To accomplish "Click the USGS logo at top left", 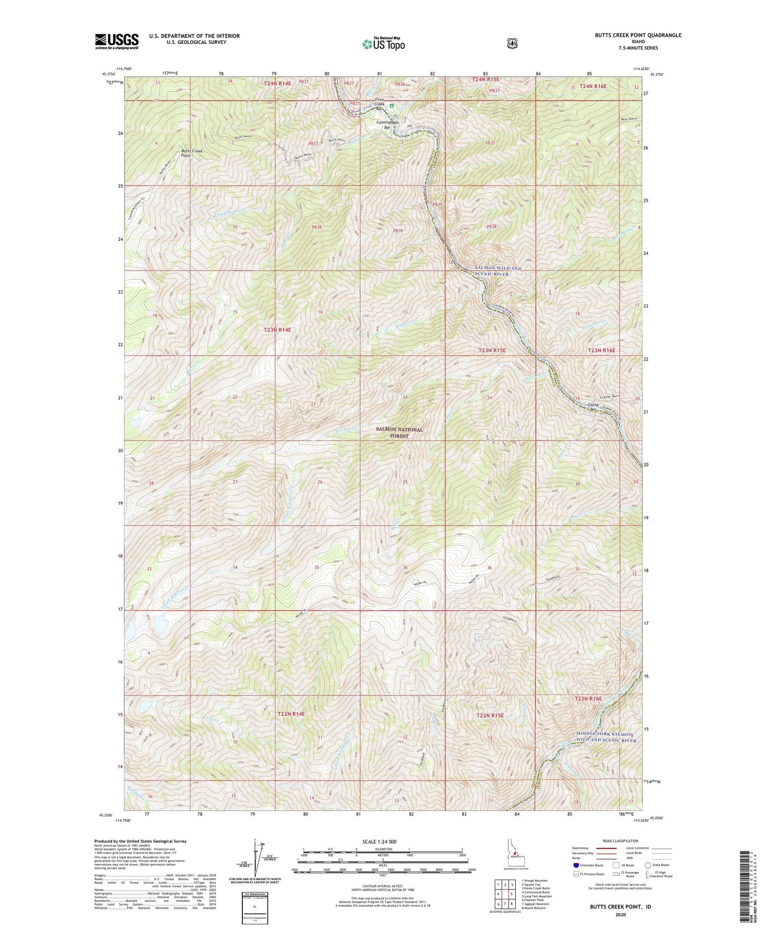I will tap(117, 41).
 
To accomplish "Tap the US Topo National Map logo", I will tap(383, 43).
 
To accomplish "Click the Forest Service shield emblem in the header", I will tap(512, 43).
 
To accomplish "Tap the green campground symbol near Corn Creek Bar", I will tap(392, 106).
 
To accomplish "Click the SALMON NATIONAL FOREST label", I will tap(400, 432).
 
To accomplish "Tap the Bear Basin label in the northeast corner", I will tap(629, 118).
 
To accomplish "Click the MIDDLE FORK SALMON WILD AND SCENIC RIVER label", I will tap(603, 737).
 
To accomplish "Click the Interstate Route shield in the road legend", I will tap(576, 864).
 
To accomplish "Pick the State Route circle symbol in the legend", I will tap(648, 864).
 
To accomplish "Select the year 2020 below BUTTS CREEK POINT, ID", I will tap(620, 914).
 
